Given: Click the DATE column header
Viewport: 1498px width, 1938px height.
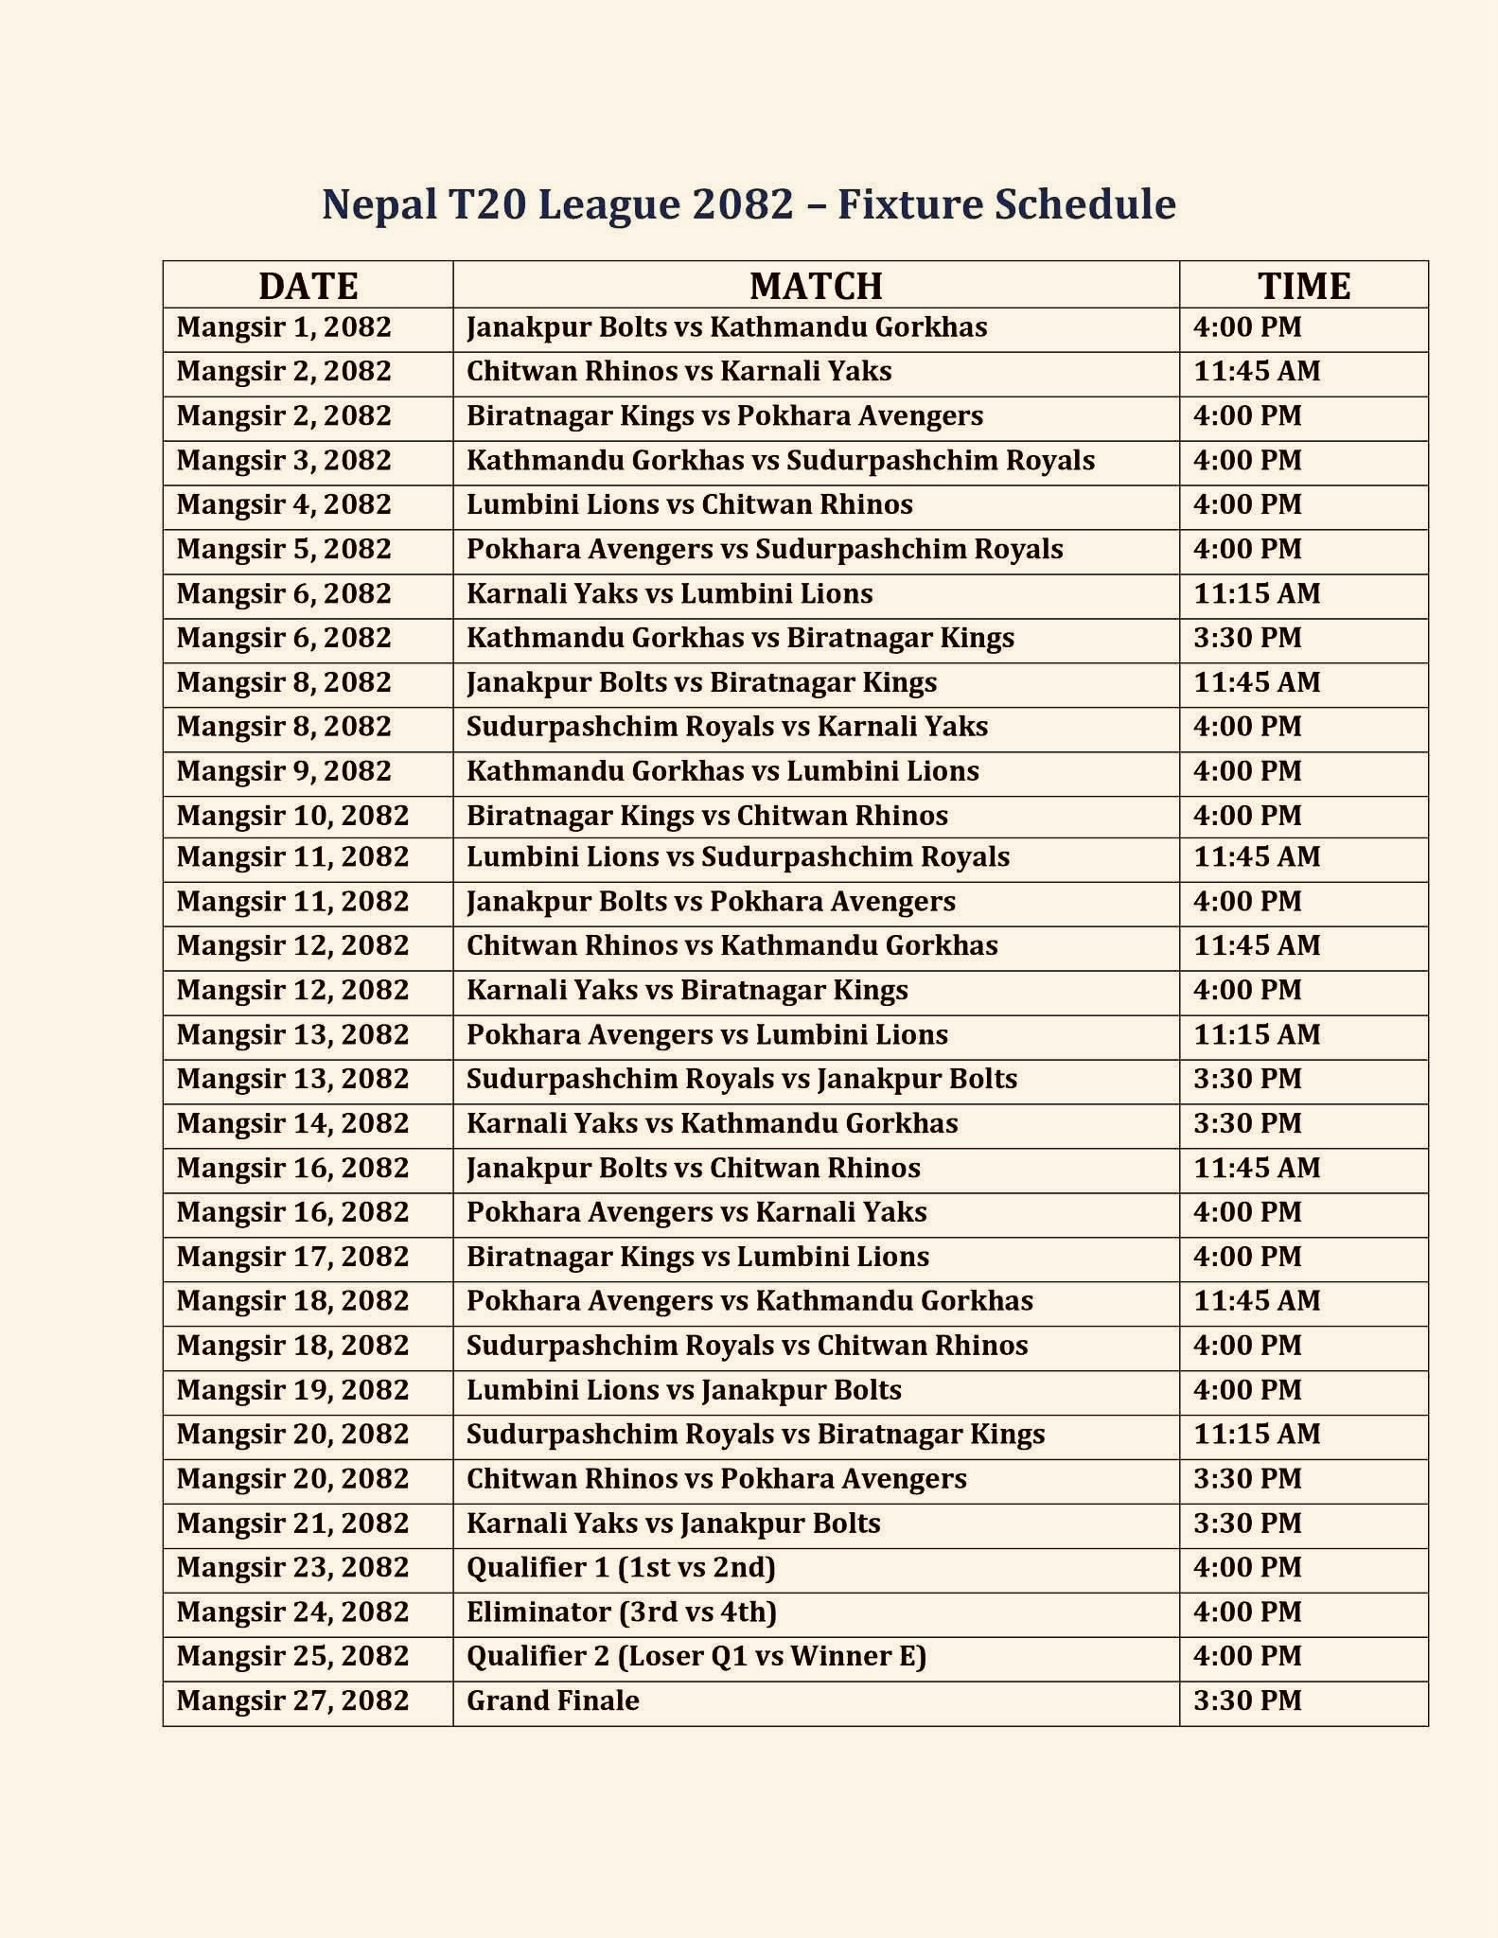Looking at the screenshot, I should pos(308,286).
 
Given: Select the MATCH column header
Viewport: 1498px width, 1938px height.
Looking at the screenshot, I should pos(816,286).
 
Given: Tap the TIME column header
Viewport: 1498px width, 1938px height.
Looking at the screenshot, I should pos(1303,286).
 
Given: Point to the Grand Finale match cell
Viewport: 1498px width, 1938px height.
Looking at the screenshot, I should pos(553,1700).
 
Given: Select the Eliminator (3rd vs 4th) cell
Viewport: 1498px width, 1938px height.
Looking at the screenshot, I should pos(621,1612).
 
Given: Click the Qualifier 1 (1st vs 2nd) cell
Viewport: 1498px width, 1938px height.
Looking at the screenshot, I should pos(621,1568).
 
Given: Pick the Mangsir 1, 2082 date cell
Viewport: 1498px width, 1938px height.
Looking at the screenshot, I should pos(284,327).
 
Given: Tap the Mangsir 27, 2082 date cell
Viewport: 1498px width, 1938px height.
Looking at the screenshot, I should pos(292,1700).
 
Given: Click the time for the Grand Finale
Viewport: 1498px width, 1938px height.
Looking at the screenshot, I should pos(1247,1700).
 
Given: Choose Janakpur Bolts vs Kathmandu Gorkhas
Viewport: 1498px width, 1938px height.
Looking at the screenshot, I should pos(727,327).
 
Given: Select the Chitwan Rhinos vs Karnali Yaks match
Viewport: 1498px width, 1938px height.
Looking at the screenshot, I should pos(679,371).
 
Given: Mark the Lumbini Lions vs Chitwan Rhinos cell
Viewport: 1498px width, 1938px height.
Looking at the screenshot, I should pos(689,504).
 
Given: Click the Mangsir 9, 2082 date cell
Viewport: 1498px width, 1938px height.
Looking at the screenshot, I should pos(284,771).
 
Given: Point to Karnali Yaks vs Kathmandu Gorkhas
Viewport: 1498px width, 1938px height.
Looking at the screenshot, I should pos(712,1123).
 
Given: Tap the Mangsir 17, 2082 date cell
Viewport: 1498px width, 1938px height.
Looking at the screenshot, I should pos(292,1257).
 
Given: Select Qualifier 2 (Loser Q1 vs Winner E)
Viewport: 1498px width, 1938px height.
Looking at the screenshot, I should pos(696,1656).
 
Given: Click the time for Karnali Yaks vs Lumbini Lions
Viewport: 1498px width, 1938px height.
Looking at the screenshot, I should pos(1257,593).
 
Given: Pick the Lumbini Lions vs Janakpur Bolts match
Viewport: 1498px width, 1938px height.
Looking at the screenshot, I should pos(683,1390).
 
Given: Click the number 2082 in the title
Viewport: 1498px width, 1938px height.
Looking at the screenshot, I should pos(742,204).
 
